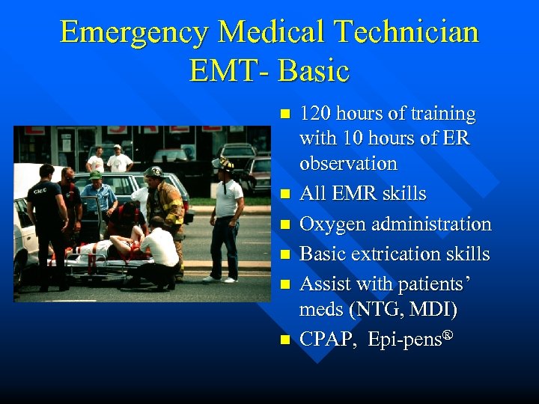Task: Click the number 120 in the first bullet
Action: click(315, 114)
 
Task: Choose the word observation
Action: click(347, 163)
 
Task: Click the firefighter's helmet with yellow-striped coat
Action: click(154, 172)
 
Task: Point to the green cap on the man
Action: click(95, 176)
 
